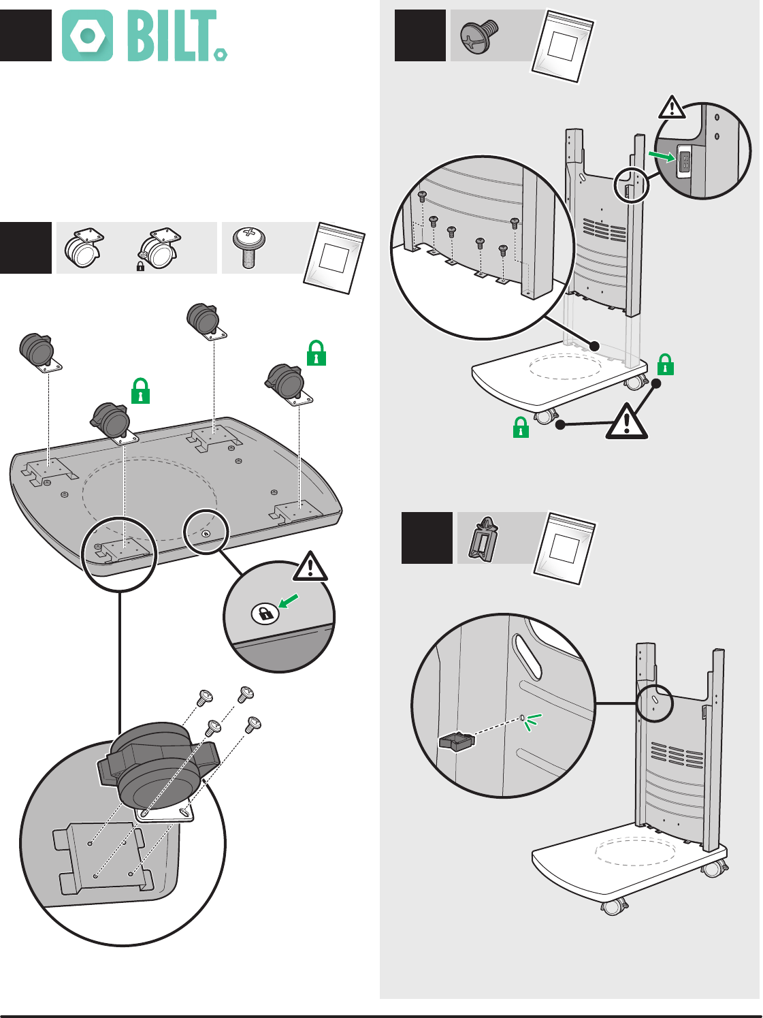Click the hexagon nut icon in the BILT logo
coord(87,35)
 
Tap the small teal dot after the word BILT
coord(221,54)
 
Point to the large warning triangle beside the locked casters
coord(627,421)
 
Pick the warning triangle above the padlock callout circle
coord(310,567)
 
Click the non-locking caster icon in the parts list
coord(84,248)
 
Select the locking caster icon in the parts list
coord(159,249)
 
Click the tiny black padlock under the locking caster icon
coord(140,266)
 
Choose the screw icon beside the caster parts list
coord(249,248)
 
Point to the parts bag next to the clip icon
coord(565,548)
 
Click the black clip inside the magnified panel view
coord(457,741)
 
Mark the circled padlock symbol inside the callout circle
coord(265,614)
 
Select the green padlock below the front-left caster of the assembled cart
coord(521,428)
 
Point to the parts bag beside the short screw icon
coord(562,47)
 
